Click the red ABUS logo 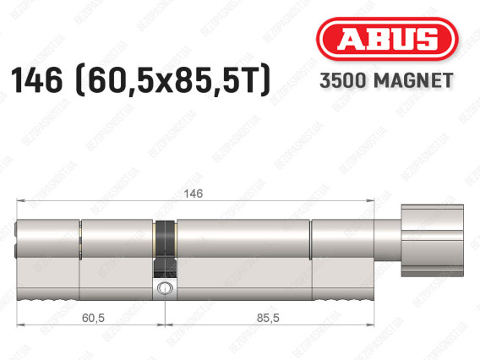point(387,39)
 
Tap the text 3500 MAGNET point(386,81)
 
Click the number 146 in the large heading point(36,80)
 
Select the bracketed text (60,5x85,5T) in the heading point(172,80)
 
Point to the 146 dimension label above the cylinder point(194,194)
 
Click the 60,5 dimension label point(93,318)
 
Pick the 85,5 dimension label point(268,318)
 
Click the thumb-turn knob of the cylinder point(432,240)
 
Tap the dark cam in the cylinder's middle point(166,248)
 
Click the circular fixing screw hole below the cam point(165,288)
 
